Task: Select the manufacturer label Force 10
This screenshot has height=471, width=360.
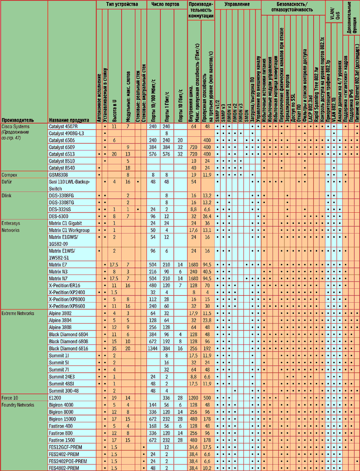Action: tap(10, 398)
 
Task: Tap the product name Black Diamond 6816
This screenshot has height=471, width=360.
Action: tap(68, 348)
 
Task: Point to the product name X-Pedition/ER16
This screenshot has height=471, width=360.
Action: tap(64, 285)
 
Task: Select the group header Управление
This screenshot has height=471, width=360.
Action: tap(237, 4)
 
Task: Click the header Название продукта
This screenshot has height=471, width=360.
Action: tap(68, 120)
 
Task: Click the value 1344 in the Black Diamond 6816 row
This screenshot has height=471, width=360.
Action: tap(153, 348)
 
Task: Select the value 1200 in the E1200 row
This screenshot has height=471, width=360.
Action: tap(194, 398)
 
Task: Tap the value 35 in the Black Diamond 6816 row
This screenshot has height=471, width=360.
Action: tap(114, 348)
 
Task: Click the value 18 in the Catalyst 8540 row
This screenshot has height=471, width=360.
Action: tap(128, 168)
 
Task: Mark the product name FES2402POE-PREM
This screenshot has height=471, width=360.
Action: tap(68, 461)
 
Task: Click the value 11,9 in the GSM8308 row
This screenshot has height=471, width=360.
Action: tap(208, 175)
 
